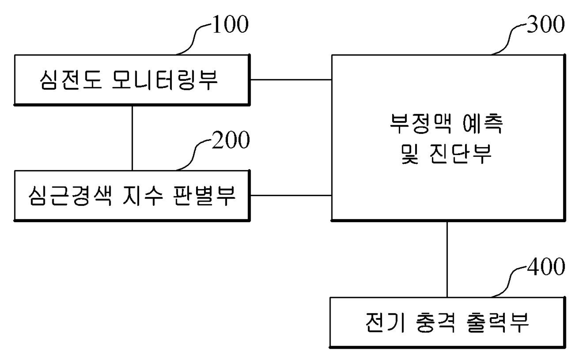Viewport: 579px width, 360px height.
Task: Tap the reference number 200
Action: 230,141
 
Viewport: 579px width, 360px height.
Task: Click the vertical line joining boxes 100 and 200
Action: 132,137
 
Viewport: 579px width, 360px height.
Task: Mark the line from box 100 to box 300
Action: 291,79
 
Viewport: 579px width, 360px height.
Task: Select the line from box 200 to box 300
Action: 291,194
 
